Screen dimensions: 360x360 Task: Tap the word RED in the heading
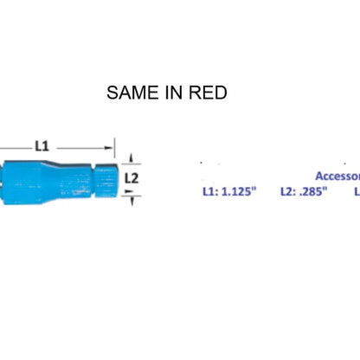pos(209,93)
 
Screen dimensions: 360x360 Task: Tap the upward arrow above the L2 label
pos(131,158)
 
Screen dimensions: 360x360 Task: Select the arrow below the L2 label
pos(131,197)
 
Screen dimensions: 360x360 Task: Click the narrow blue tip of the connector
pos(105,177)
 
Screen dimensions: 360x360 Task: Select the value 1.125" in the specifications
pos(237,191)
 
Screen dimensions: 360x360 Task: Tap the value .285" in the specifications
pos(310,191)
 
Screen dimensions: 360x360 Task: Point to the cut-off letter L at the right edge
pos(356,191)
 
